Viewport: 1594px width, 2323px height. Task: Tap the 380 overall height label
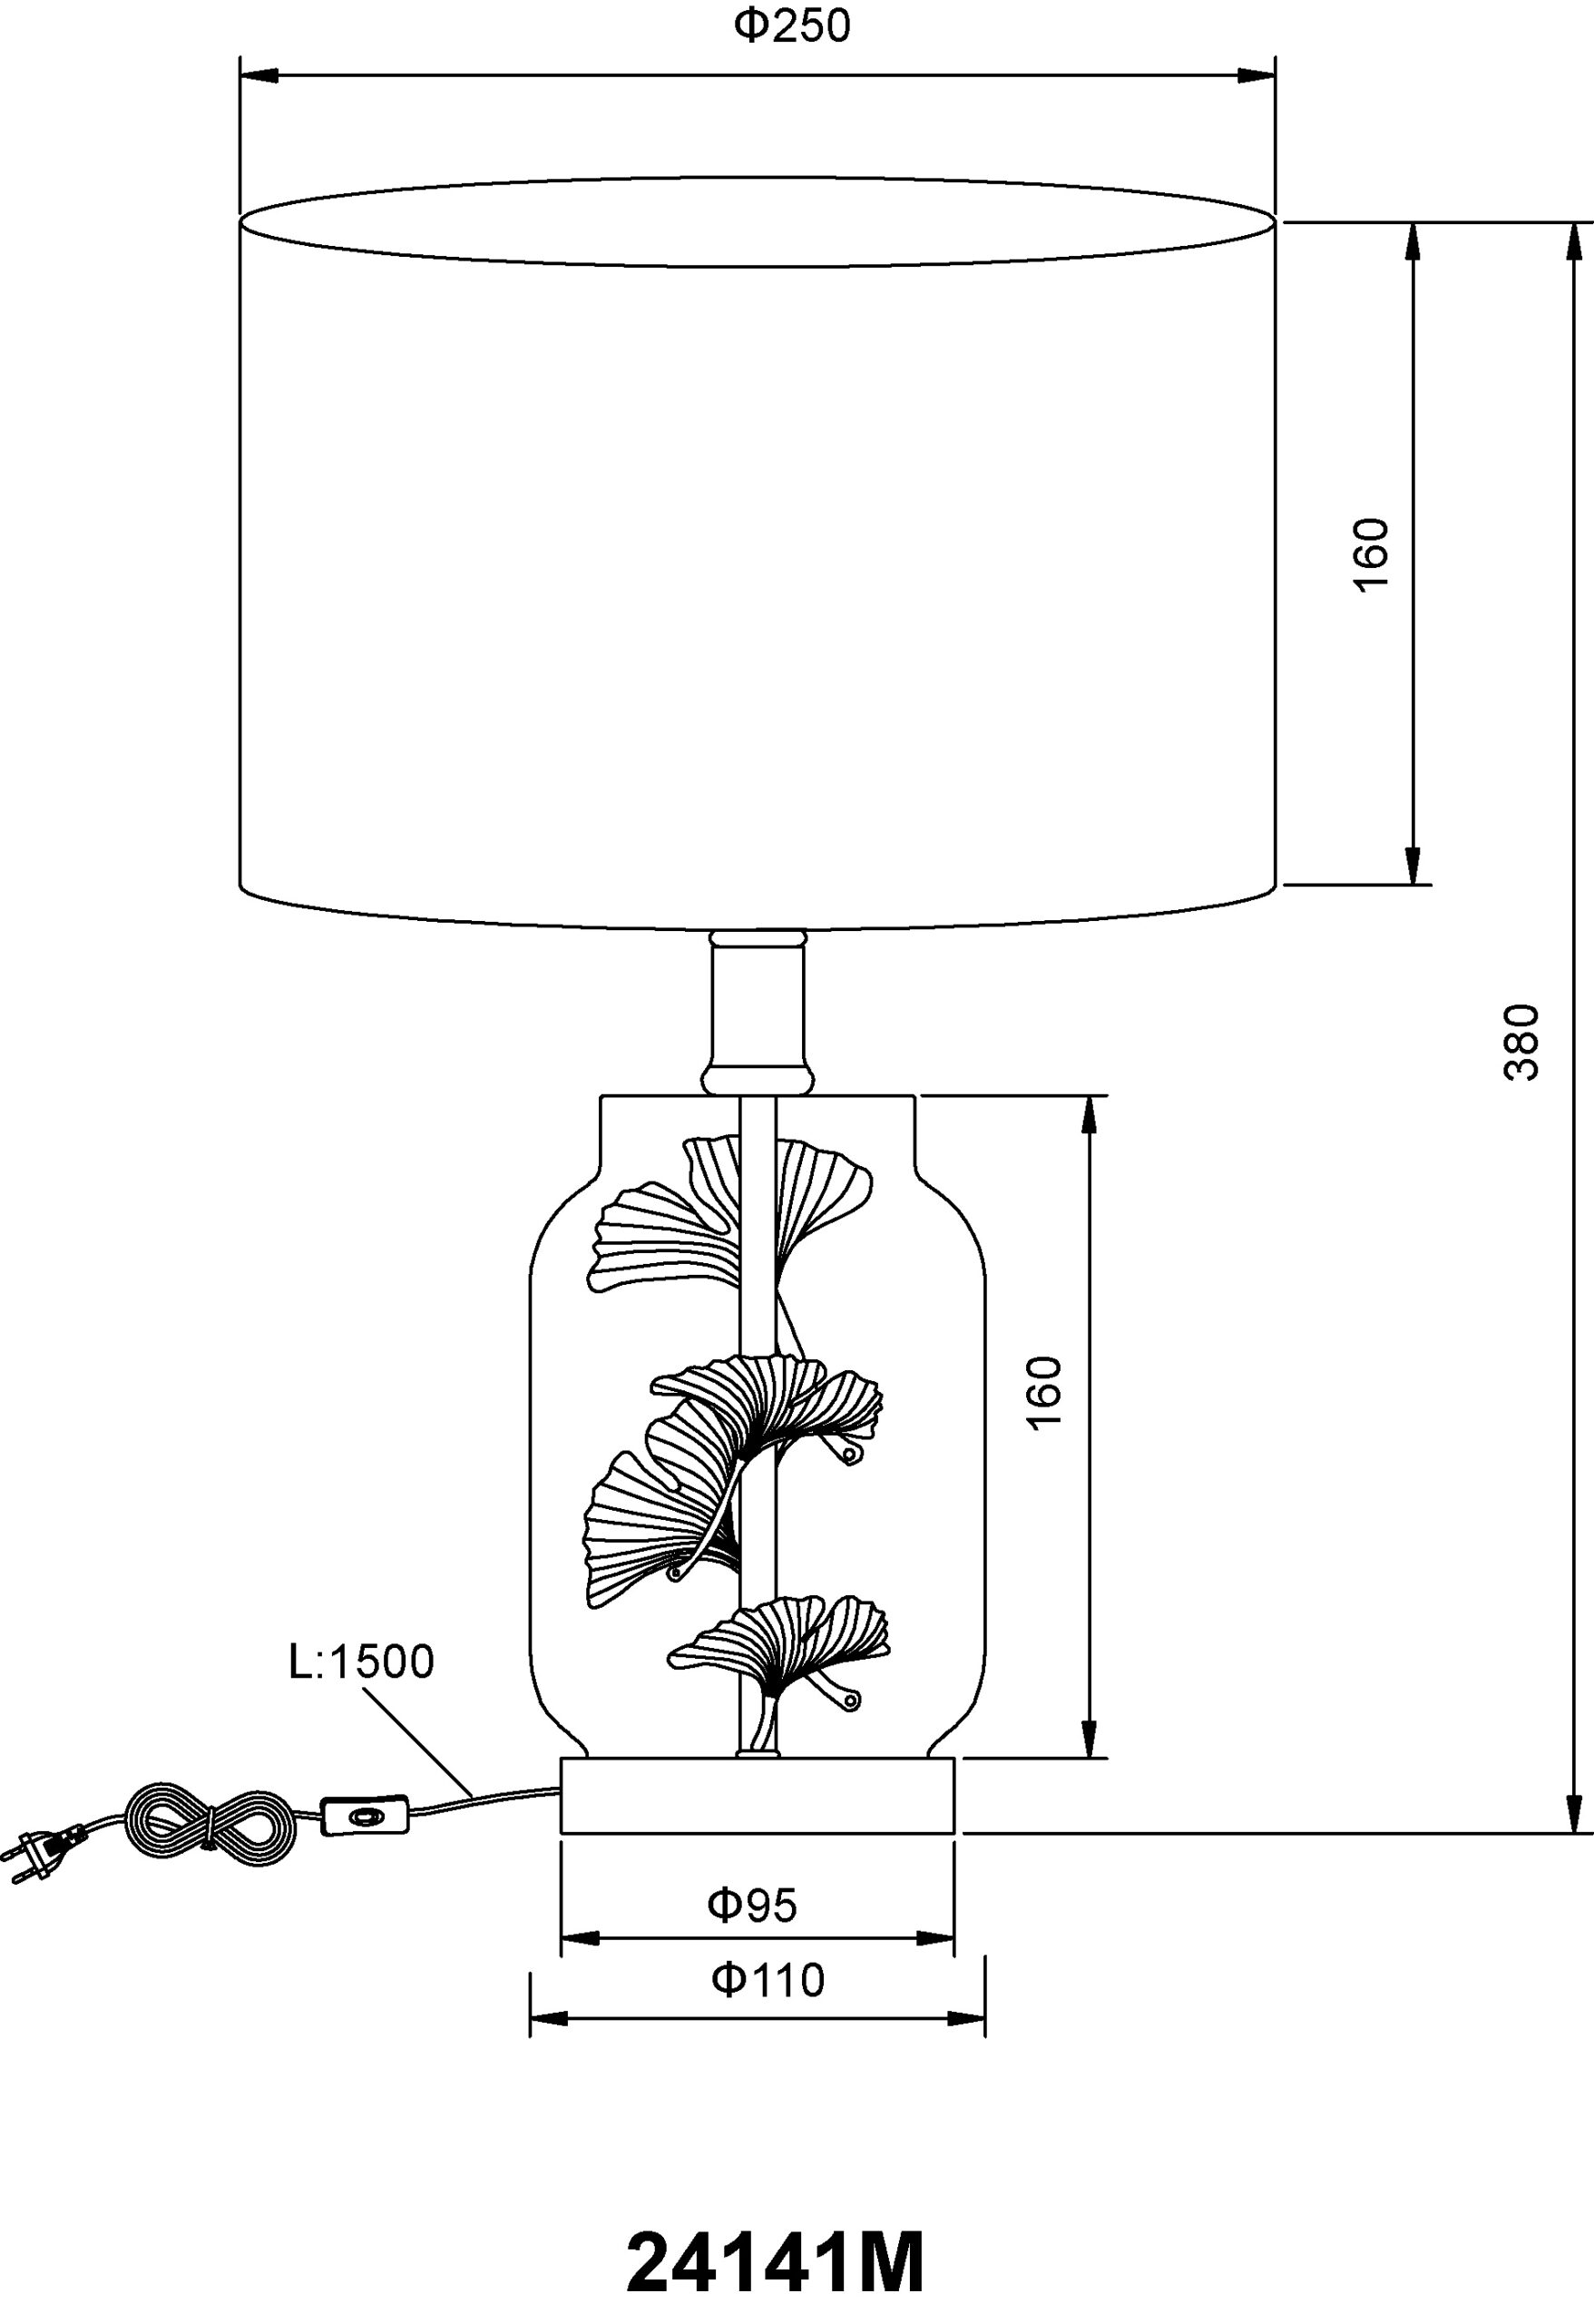(1521, 1042)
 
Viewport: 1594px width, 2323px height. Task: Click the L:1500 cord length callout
(361, 1661)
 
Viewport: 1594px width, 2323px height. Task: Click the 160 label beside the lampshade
(1371, 554)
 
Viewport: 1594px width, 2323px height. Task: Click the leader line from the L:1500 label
(417, 1741)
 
